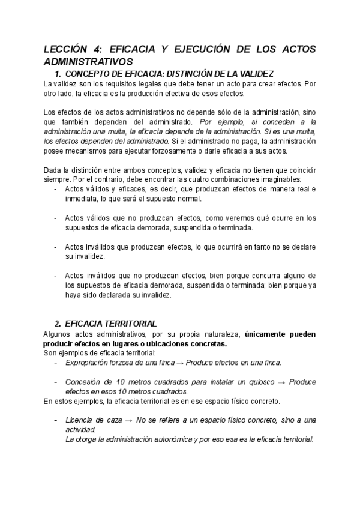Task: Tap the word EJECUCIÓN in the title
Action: pyautogui.click(x=202, y=50)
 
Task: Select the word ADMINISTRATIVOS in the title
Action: pyautogui.click(x=88, y=62)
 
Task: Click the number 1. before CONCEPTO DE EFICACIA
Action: pyautogui.click(x=58, y=73)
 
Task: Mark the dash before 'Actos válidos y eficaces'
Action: pyautogui.click(x=55, y=189)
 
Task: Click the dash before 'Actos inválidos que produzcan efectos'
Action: pyautogui.click(x=55, y=247)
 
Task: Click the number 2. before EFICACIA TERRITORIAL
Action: pyautogui.click(x=58, y=323)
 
